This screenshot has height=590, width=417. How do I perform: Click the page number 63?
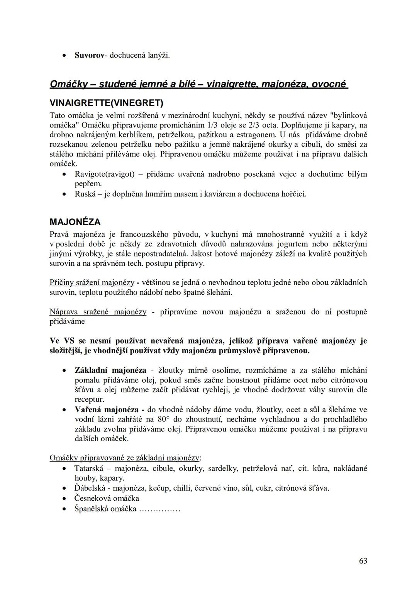coord(363,561)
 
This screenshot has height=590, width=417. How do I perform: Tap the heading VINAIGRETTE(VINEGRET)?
coord(107,103)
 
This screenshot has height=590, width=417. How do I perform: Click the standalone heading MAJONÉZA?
coord(75,222)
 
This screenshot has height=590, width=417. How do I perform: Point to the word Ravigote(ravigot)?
coord(104,174)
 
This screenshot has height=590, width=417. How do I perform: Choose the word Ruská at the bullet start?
coord(85,194)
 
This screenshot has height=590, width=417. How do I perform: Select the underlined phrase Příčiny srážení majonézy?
coord(92,282)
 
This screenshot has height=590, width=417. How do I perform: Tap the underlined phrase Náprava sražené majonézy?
coord(98,312)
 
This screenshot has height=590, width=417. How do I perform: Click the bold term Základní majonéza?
coord(110,370)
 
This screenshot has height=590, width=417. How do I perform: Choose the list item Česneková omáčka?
coord(107,498)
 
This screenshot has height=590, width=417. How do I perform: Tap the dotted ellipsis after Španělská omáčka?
coord(159,508)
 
